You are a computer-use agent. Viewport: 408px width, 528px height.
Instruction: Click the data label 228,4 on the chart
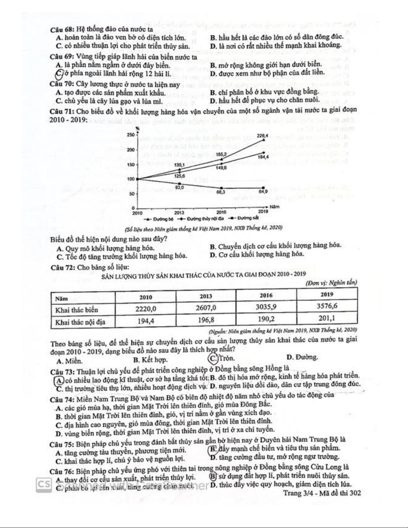coord(262,136)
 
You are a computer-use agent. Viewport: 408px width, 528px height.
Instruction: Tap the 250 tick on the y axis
coord(131,135)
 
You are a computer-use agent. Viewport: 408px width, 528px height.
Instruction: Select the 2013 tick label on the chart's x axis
coord(179,212)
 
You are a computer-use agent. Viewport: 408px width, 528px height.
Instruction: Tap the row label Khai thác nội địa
coord(80,322)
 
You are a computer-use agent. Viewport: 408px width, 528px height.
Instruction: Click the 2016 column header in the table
coord(266,295)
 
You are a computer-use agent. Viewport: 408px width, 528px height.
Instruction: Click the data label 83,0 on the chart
coord(180,188)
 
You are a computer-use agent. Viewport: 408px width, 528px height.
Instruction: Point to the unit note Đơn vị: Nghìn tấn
coord(331,283)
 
